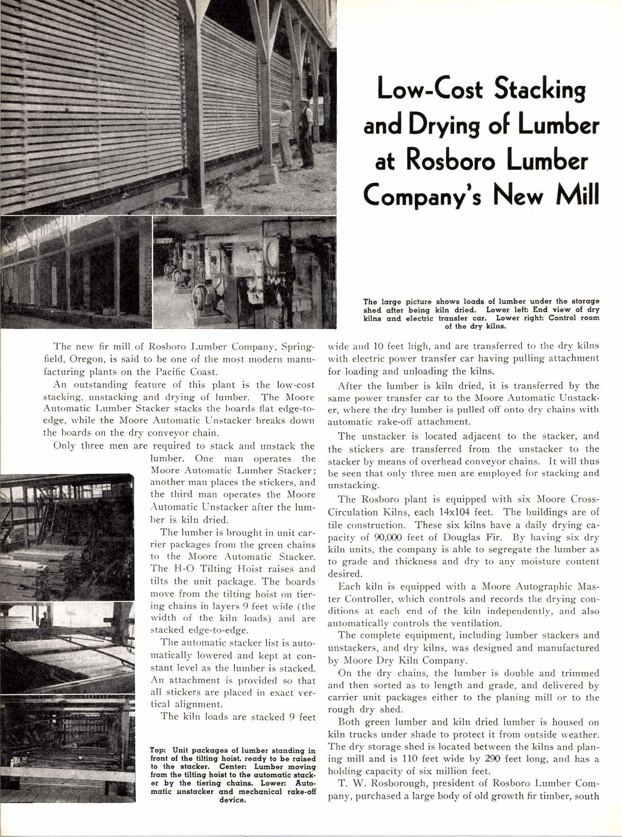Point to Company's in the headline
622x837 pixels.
(419, 195)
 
